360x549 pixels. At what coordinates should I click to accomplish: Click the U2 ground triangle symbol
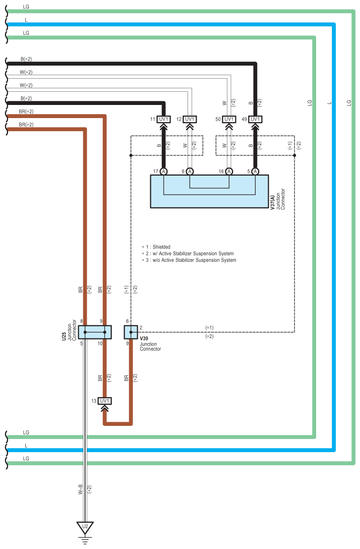(x=85, y=527)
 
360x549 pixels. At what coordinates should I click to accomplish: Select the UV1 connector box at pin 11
(x=164, y=119)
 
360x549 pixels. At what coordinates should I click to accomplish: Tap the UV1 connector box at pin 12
(x=190, y=119)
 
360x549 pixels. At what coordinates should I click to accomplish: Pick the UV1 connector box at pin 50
(x=229, y=119)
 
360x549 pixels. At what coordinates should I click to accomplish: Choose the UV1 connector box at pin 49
(x=255, y=119)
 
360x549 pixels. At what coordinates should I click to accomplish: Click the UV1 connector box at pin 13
(x=105, y=401)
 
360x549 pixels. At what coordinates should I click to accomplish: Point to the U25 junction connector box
(x=95, y=332)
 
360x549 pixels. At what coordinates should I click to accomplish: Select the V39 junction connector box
(x=131, y=332)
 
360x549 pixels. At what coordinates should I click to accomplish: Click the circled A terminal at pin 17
(x=164, y=172)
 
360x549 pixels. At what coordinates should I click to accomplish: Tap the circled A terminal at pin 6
(x=190, y=172)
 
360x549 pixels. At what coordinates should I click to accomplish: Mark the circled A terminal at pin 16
(x=229, y=172)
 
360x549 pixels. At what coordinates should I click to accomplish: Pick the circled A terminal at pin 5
(x=255, y=172)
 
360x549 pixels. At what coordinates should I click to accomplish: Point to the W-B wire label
(x=80, y=489)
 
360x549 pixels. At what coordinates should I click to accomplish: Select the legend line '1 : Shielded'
(x=158, y=247)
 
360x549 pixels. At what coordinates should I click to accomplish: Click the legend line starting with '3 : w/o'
(x=191, y=260)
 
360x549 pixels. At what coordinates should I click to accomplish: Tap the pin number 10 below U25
(x=100, y=343)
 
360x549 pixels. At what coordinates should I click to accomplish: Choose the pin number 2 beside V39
(x=141, y=327)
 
